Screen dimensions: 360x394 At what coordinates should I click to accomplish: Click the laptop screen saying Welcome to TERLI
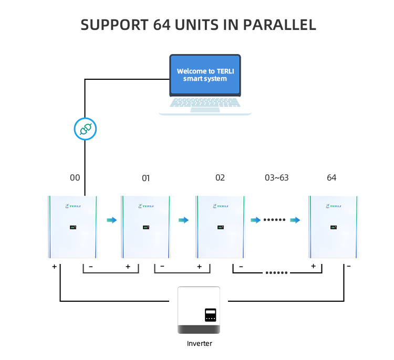coord(205,75)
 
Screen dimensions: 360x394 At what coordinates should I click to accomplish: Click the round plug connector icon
coord(85,129)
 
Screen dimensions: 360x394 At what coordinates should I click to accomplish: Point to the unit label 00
coord(75,178)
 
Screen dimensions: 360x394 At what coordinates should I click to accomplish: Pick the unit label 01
coord(146,178)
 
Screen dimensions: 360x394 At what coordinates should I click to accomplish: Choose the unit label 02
coord(220,178)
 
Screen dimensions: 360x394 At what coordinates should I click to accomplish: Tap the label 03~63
coord(277,178)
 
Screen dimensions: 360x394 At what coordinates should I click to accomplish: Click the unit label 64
coord(331,178)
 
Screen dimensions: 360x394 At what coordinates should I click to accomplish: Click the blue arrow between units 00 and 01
coord(111,220)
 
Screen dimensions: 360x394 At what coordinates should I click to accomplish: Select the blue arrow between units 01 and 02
coord(183,220)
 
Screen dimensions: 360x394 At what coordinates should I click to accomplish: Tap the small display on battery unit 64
coord(334,228)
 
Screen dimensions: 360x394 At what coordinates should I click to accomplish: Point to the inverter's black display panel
coord(211,315)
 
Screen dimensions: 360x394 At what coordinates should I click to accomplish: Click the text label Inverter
coord(200,344)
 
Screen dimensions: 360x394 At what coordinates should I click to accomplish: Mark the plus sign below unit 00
coord(55,267)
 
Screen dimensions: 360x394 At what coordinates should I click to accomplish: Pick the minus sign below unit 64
coord(349,266)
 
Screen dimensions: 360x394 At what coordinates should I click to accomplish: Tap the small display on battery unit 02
coord(220,228)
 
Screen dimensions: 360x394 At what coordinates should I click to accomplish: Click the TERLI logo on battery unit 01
coord(146,206)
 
